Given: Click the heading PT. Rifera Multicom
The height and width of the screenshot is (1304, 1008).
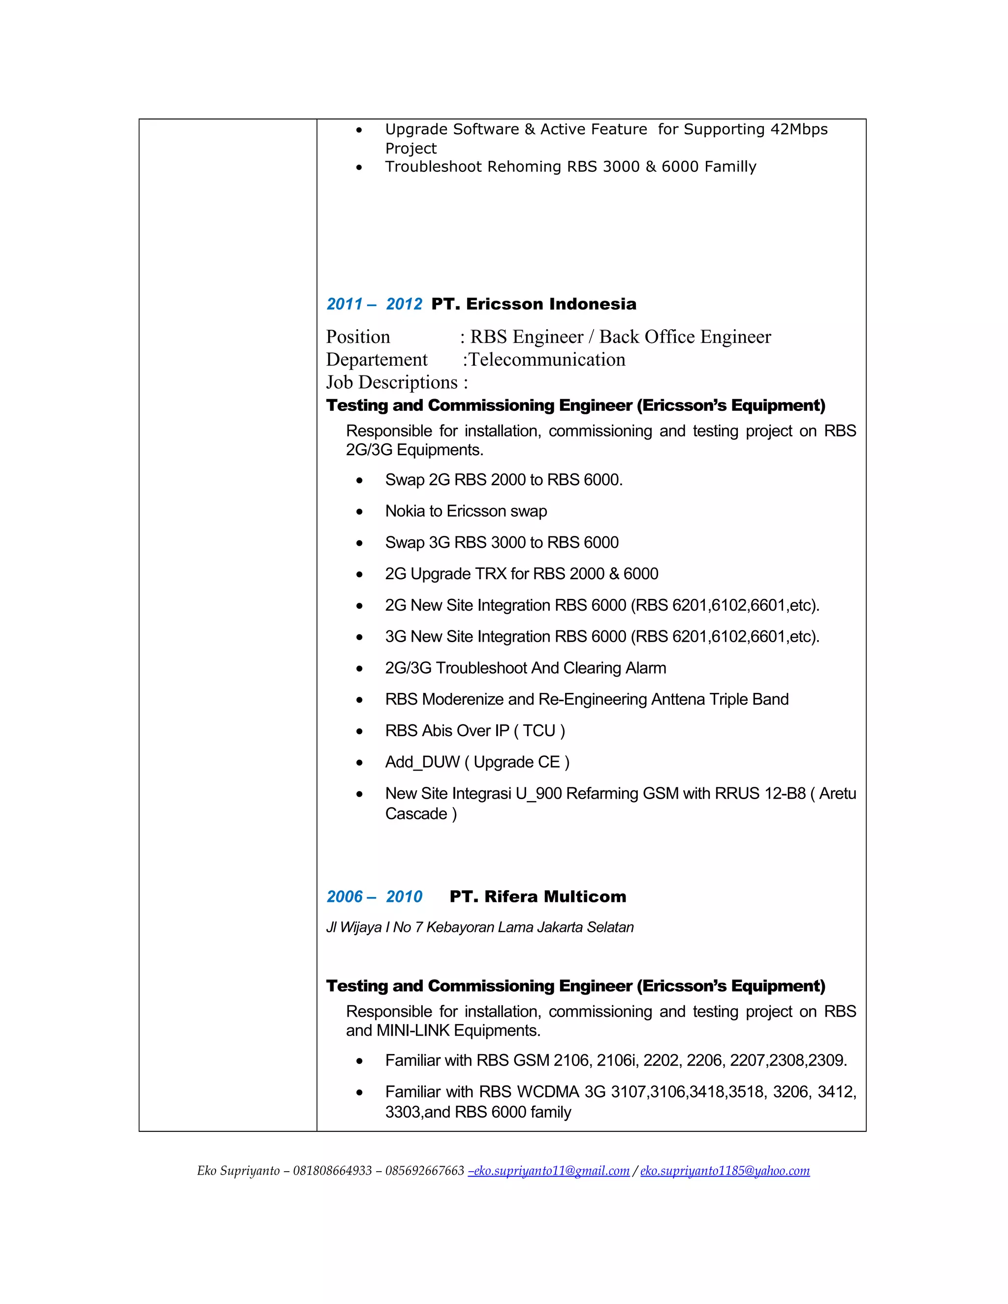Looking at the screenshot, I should click(x=537, y=896).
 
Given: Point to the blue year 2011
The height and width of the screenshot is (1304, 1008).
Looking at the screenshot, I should click(x=345, y=304).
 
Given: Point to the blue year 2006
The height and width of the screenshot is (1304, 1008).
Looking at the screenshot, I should click(x=345, y=896).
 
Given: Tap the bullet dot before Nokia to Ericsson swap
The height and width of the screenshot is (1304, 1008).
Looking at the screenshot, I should click(x=359, y=512).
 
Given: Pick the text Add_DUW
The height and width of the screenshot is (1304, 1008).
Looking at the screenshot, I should click(x=422, y=762).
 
